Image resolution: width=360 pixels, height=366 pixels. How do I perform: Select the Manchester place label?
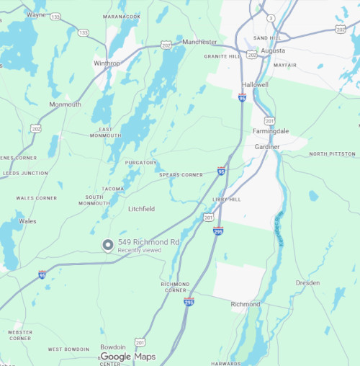click(199, 42)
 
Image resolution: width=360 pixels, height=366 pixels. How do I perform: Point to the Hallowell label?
click(255, 84)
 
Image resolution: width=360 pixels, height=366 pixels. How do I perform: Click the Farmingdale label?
click(271, 131)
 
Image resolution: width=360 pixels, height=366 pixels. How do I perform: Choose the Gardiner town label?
click(267, 146)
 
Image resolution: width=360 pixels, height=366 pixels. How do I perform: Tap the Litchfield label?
click(141, 209)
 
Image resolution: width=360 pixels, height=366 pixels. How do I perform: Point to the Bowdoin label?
click(113, 347)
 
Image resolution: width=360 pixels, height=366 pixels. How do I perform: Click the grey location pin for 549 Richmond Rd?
click(108, 246)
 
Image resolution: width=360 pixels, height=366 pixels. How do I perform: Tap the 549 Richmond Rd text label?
click(148, 242)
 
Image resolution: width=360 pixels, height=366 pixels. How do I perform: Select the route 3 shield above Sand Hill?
click(271, 17)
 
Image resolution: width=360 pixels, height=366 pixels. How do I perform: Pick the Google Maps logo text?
click(127, 357)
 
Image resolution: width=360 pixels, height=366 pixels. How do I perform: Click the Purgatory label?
click(140, 163)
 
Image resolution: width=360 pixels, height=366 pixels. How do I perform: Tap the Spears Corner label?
click(181, 174)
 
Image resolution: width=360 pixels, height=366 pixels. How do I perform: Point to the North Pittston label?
click(333, 154)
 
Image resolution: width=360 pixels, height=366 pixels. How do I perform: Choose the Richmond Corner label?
click(174, 287)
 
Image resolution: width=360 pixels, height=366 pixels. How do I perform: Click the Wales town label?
click(27, 221)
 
